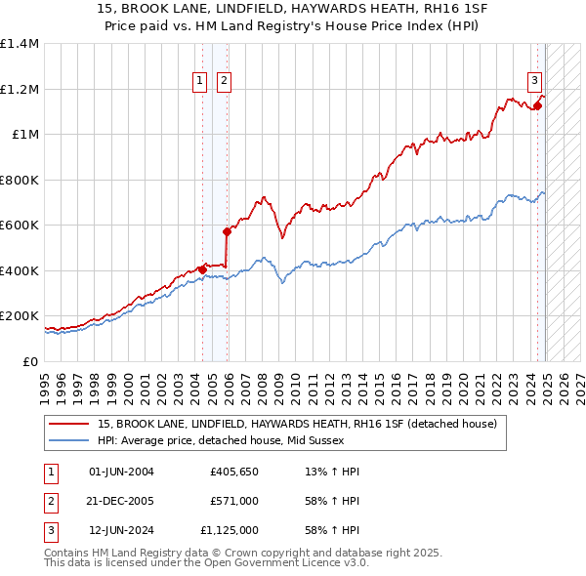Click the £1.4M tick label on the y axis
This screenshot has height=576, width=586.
(20, 44)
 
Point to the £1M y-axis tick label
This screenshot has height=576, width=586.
(26, 135)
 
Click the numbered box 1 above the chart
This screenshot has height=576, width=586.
(200, 81)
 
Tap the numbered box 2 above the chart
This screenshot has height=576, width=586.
(224, 81)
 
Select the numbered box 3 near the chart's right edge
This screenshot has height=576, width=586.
(535, 81)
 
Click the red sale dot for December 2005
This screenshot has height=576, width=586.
(227, 232)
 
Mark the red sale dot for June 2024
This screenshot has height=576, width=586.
(537, 106)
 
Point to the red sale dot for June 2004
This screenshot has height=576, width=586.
(202, 269)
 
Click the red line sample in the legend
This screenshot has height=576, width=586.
(69, 424)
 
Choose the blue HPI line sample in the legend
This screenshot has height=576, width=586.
(69, 440)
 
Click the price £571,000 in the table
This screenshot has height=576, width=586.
(233, 501)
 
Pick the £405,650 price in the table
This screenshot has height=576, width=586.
(233, 472)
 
